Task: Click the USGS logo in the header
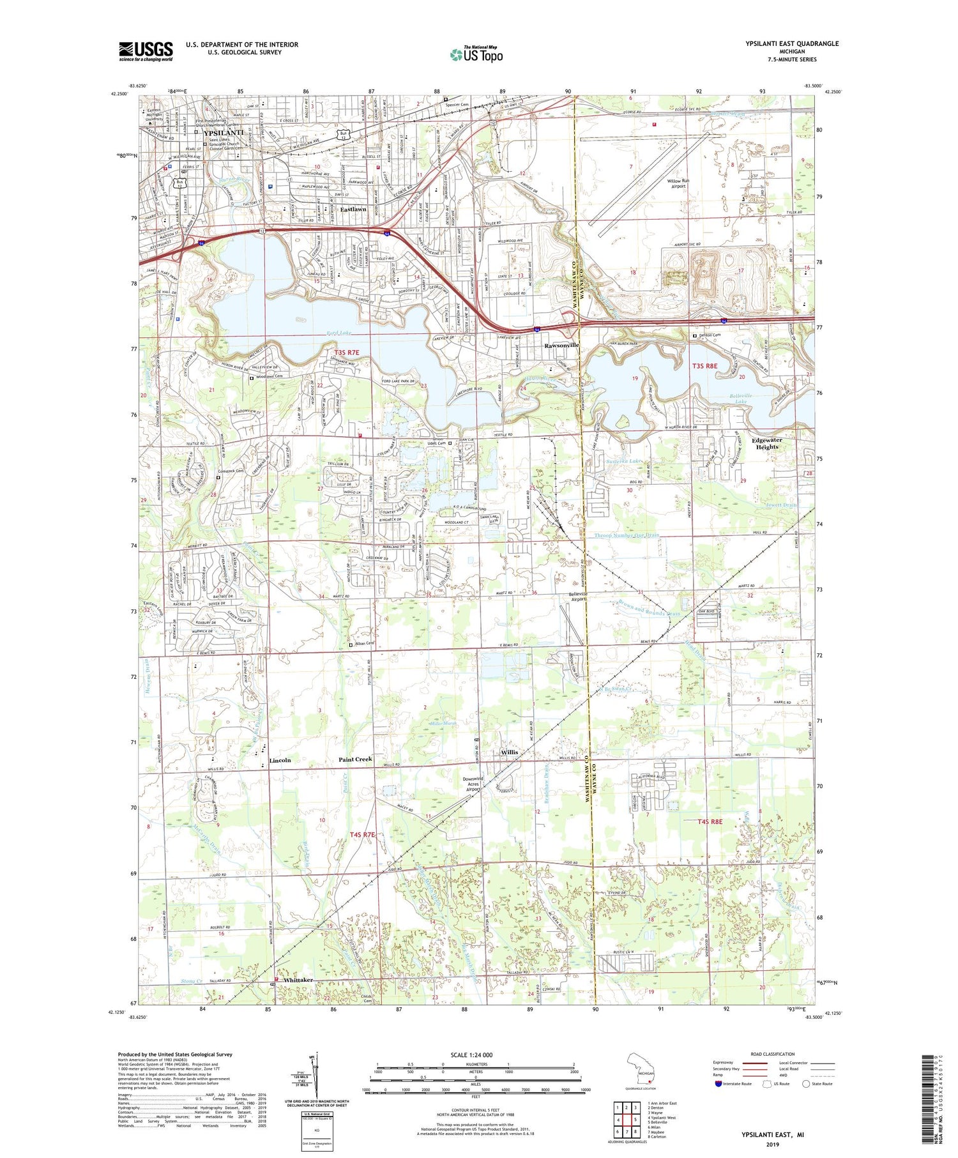(146, 51)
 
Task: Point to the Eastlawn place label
(353, 210)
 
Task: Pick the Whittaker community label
(298, 979)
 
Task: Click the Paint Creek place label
(355, 759)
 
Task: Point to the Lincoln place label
(280, 760)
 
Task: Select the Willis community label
(509, 752)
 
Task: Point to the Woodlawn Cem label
(269, 377)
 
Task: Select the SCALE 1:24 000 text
(471, 1055)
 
